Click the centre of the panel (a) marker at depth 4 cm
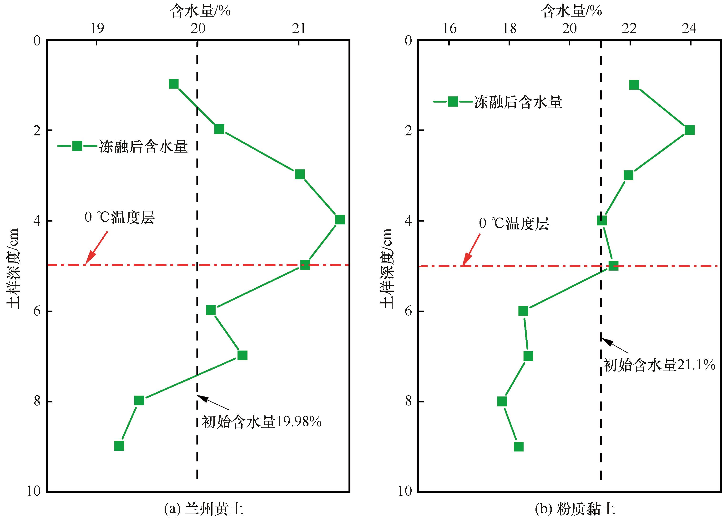coord(340,220)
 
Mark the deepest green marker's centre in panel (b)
coord(518,447)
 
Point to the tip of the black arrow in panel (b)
coord(601,338)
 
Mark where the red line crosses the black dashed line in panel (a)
coord(197,265)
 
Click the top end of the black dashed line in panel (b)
coord(601,40)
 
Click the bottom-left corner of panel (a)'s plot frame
coord(47,492)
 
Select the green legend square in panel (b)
coord(453,102)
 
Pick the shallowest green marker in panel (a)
coord(174,84)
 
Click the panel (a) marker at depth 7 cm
coord(242,355)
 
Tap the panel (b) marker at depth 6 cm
coord(523,311)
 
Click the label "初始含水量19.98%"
coord(262,422)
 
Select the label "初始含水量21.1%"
coord(659,365)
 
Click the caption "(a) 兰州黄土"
coord(204,509)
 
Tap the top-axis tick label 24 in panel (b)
coord(689,29)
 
